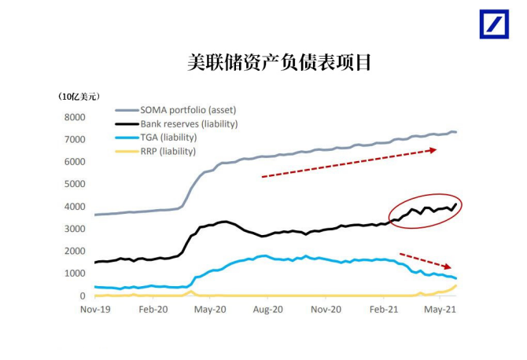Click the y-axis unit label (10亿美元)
tap(79, 96)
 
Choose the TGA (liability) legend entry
tap(168, 137)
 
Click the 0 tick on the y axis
tap(82, 296)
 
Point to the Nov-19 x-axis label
tap(94, 310)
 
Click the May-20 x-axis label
tap(209, 310)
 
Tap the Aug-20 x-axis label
tap(267, 310)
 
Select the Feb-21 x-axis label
tap(384, 310)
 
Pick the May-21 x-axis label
tap(441, 310)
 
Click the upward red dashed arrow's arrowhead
tap(433, 149)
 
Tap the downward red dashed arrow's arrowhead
tap(448, 267)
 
